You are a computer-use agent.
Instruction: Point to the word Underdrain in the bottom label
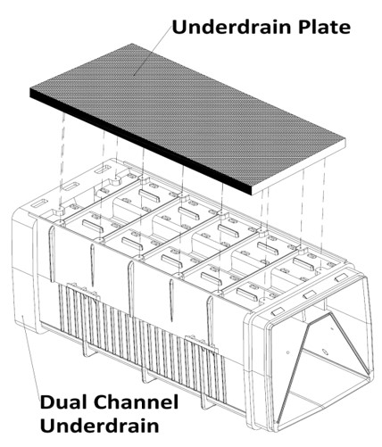(100, 426)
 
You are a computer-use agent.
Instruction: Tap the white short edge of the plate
(299, 167)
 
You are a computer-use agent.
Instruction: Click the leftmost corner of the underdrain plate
(30, 88)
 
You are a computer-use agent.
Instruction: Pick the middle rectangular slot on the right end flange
(310, 295)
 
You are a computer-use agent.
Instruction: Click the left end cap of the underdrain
(24, 270)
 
